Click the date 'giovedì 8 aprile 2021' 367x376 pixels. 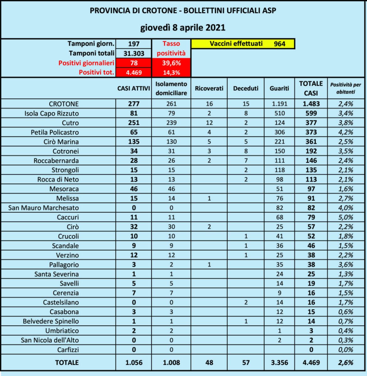pyautogui.click(x=183, y=28)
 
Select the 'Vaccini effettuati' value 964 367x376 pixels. pyautogui.click(x=280, y=44)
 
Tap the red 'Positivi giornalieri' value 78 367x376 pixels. pyautogui.click(x=134, y=63)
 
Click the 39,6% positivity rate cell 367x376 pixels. pyautogui.click(x=171, y=63)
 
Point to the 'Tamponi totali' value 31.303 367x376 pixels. pyautogui.click(x=134, y=53)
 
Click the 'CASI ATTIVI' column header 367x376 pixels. pyautogui.click(x=134, y=89)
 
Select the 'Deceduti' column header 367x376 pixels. pyautogui.click(x=246, y=89)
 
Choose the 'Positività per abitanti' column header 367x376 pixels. pyautogui.click(x=346, y=88)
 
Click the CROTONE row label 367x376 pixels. pyautogui.click(x=64, y=104)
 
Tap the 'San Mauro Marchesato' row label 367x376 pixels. pyautogui.click(x=44, y=208)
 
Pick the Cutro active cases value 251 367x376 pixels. pyautogui.click(x=134, y=123)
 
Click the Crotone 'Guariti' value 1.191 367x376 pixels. pyautogui.click(x=279, y=104)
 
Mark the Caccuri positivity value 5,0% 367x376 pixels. pyautogui.click(x=346, y=217)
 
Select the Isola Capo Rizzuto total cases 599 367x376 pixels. pyautogui.click(x=311, y=113)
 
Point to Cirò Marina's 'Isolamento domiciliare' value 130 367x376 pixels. pyautogui.click(x=171, y=142)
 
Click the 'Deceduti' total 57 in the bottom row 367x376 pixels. pyautogui.click(x=246, y=363)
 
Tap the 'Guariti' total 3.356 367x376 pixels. pyautogui.click(x=279, y=363)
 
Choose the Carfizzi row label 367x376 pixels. pyautogui.click(x=68, y=350)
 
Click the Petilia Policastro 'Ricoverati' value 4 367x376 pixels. pyautogui.click(x=209, y=132)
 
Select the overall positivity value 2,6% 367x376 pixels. pyautogui.click(x=346, y=363)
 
